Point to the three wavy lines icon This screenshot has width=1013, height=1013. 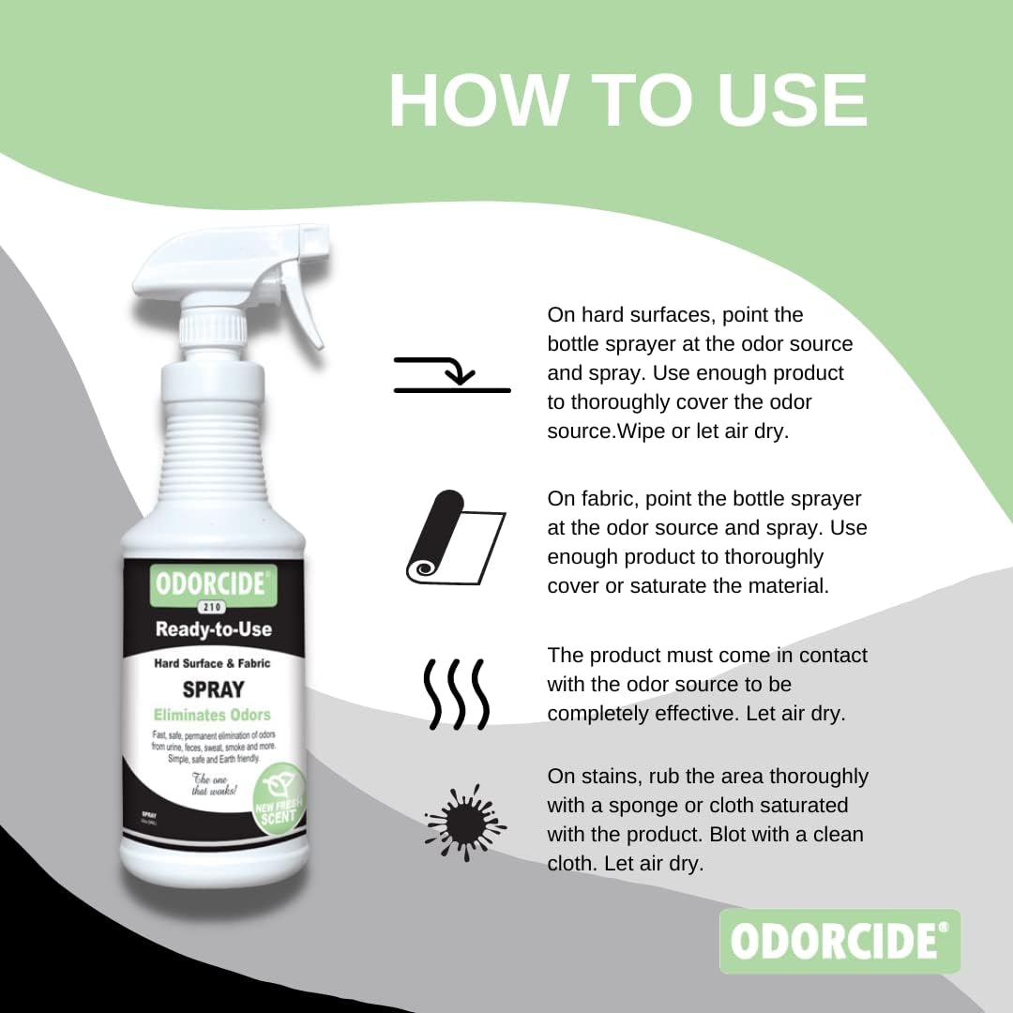coord(455,694)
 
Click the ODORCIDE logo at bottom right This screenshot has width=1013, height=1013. coord(839,941)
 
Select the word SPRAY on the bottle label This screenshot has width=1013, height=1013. coord(213,689)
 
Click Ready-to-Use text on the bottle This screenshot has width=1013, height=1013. coord(213,628)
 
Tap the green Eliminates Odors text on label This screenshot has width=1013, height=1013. coord(213,715)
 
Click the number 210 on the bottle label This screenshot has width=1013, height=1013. coord(213,607)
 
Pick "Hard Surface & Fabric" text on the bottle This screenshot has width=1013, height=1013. coord(213,663)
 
